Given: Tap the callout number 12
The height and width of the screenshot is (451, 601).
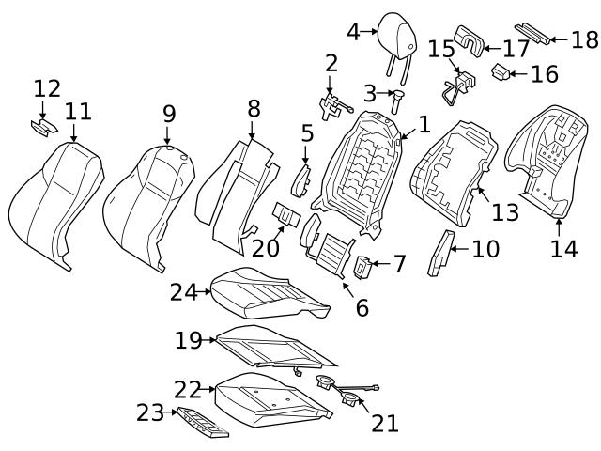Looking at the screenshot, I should [x=46, y=88].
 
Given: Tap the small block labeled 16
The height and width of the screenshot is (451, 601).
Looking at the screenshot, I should [x=502, y=70].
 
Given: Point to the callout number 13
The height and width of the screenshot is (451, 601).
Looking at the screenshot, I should [x=505, y=212].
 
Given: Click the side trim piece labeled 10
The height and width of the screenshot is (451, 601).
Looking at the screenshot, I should [x=439, y=252].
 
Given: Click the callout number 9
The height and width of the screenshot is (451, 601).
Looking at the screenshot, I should [x=168, y=114].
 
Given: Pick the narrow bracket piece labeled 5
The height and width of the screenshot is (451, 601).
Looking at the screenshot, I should [x=301, y=177].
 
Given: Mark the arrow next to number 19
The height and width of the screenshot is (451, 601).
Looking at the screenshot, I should [x=212, y=339].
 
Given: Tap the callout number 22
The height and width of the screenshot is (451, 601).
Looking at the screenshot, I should [x=188, y=387].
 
